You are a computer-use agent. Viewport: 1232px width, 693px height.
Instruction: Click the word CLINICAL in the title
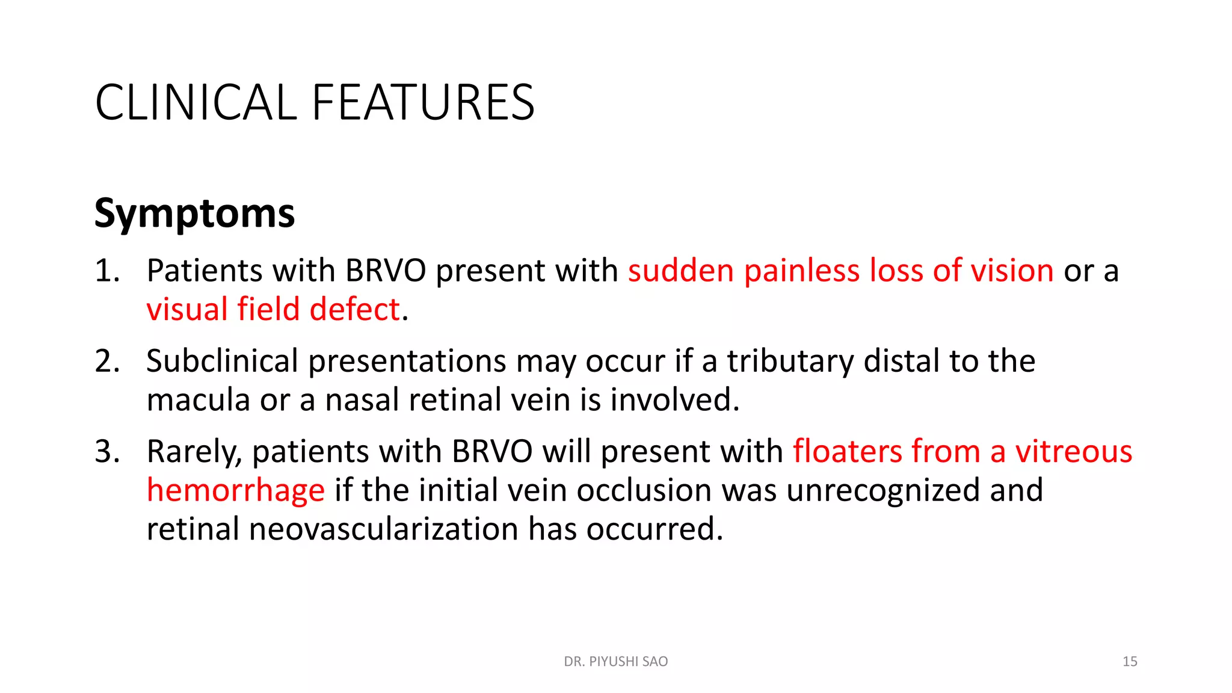196,102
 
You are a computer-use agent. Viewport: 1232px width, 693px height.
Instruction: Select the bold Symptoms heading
194,214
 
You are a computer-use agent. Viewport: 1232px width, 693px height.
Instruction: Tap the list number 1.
106,271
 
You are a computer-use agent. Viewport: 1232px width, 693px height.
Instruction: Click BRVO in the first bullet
386,271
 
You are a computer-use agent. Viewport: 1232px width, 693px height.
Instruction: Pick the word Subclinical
222,361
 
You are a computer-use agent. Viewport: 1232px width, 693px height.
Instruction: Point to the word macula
198,400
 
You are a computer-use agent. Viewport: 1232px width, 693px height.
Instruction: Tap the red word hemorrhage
236,490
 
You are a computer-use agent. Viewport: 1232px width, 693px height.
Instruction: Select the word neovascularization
383,529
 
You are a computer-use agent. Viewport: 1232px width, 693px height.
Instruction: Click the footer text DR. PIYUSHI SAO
615,662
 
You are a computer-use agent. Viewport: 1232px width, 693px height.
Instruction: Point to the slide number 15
1129,662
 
